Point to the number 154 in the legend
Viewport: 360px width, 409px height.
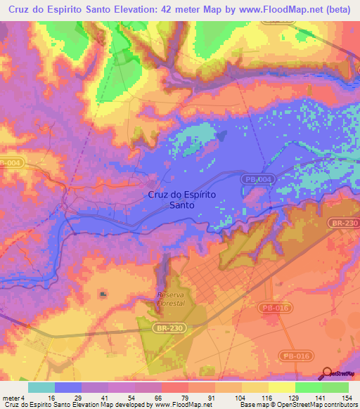346,397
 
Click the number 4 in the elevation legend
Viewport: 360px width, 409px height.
25,397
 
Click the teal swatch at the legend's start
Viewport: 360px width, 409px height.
41,387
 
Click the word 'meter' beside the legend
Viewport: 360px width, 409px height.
12,397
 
